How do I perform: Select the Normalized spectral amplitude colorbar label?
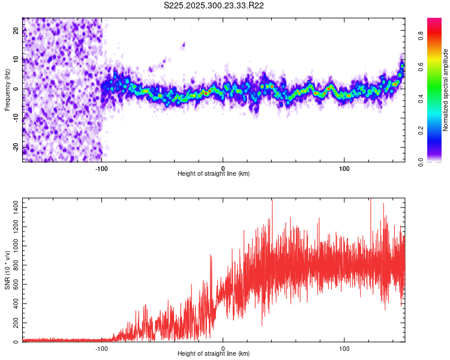click(446, 90)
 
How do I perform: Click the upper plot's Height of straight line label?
click(214, 173)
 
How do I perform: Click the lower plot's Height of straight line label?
click(214, 353)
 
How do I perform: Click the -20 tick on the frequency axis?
click(16, 147)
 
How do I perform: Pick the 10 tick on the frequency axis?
click(16, 59)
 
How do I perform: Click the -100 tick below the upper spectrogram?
click(101, 167)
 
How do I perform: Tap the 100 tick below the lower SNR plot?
click(344, 347)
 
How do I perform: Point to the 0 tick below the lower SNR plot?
click(223, 347)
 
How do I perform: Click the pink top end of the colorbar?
click(434, 21)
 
